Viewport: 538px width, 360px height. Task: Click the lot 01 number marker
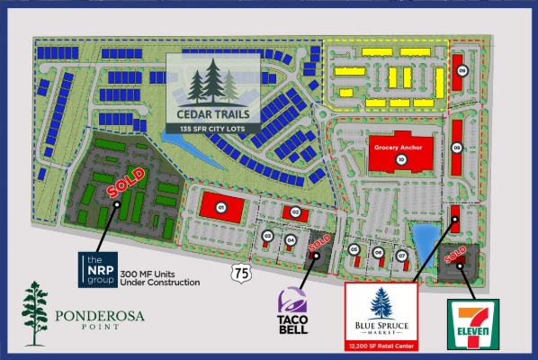point(220,206)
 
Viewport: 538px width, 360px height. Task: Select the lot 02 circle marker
point(295,211)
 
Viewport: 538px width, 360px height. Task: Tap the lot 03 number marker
point(268,237)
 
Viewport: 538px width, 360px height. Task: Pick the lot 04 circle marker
point(291,239)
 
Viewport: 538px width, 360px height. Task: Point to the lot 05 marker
point(355,249)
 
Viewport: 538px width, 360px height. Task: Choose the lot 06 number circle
point(379,253)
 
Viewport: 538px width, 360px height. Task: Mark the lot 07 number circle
point(402,255)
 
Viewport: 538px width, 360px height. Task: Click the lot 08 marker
point(457,148)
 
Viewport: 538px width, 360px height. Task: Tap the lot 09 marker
point(462,70)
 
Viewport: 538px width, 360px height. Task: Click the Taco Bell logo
point(294,310)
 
